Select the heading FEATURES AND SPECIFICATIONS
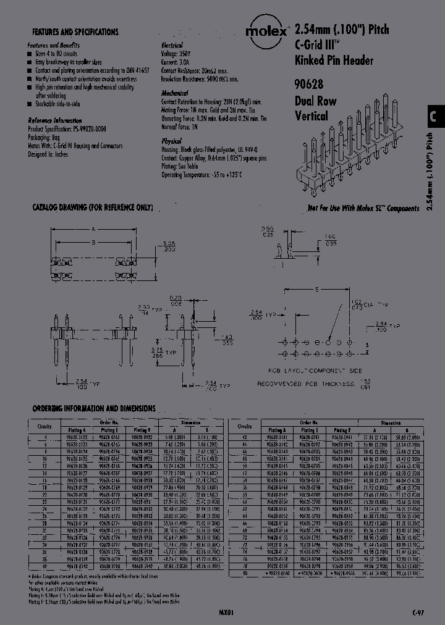pyautogui.click(x=75, y=31)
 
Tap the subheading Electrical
pyautogui.click(x=172, y=46)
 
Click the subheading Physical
pyautogui.click(x=171, y=141)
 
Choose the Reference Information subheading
pyautogui.click(x=55, y=120)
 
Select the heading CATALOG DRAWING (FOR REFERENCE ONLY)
pyautogui.click(x=92, y=208)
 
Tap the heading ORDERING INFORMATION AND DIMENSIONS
pyautogui.click(x=93, y=408)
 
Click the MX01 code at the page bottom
pyautogui.click(x=227, y=612)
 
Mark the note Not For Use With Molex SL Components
pyautogui.click(x=362, y=209)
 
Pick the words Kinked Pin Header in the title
pyautogui.click(x=334, y=60)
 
